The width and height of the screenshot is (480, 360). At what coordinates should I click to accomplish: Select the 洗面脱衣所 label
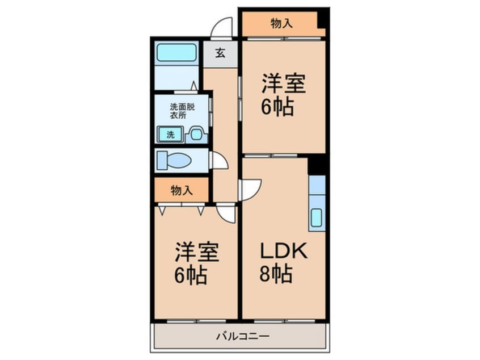click(178, 110)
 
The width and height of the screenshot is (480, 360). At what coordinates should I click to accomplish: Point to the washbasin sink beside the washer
click(196, 135)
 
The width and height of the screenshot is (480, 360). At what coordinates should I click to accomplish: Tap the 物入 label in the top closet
click(281, 23)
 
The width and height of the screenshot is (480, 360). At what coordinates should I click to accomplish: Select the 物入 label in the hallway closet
click(181, 191)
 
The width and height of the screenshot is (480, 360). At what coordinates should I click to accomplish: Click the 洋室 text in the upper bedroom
click(283, 86)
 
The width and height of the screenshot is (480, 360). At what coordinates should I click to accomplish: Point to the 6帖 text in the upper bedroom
click(277, 107)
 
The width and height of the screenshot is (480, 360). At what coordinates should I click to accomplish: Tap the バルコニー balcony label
click(242, 335)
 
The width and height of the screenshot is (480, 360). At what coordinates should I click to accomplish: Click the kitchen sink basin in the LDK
click(317, 217)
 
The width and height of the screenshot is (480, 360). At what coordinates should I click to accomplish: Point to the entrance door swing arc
click(222, 27)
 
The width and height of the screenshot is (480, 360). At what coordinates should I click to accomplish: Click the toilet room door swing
click(219, 160)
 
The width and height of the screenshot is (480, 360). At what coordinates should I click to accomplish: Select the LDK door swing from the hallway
click(250, 189)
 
